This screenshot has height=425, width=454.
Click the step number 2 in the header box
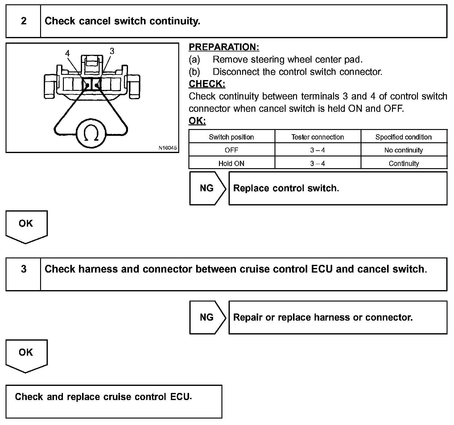[x=24, y=21]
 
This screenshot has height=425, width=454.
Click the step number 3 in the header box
[x=24, y=269]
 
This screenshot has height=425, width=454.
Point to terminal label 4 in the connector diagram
[x=68, y=53]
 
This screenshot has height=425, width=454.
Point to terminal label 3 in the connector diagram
[x=112, y=51]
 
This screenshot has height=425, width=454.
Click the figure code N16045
[x=167, y=148]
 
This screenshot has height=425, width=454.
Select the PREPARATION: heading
[x=224, y=47]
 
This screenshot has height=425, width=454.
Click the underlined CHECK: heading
[x=207, y=84]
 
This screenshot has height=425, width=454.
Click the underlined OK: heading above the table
[x=197, y=121]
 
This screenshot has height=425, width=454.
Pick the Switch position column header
[x=231, y=137]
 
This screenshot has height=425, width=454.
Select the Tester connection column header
[x=317, y=137]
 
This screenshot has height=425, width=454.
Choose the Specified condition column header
[x=403, y=137]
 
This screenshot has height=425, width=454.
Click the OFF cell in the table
[x=231, y=150]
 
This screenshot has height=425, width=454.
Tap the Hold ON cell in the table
[x=231, y=164]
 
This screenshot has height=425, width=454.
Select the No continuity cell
[x=403, y=150]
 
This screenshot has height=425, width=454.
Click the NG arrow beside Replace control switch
[x=207, y=188]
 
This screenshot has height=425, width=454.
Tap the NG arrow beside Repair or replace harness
[x=207, y=317]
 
